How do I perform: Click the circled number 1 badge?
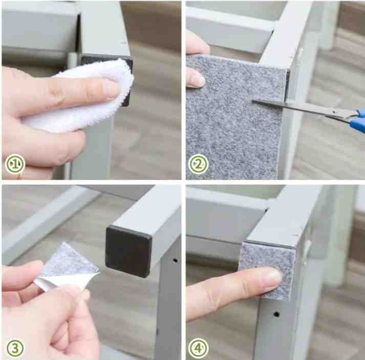pos(15,164)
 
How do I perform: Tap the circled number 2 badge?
pos(199,164)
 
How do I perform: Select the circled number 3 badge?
pos(15,348)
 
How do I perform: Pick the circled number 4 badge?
pos(199,348)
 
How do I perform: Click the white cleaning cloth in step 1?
pos(89,98)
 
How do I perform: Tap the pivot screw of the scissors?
pos(335,112)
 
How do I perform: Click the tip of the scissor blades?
pos(253,101)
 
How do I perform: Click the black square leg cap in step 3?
pos(128,251)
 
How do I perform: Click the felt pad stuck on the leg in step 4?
pos(268,270)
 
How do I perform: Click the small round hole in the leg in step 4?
pos(276,314)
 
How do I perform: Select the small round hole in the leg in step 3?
pos(175,260)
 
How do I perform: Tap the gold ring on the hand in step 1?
pos(20,176)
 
